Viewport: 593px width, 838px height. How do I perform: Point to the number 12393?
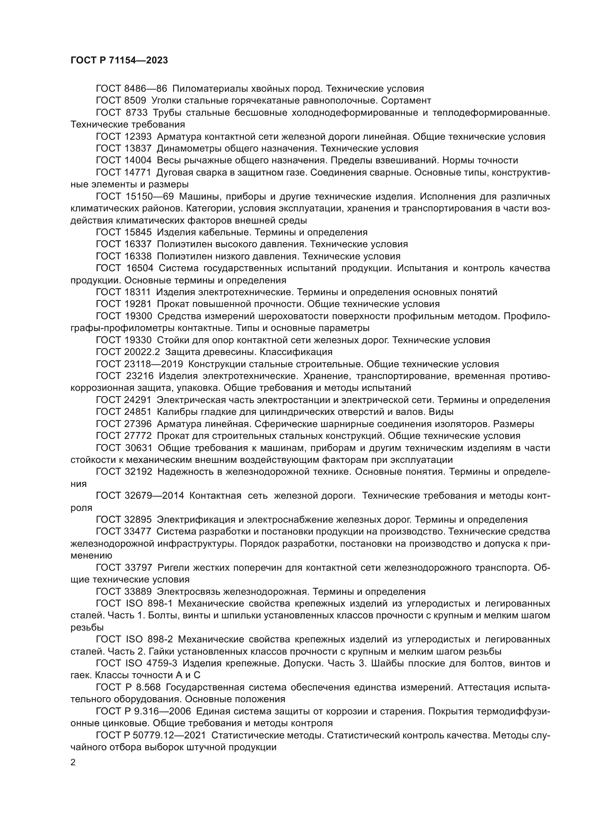click(x=136, y=137)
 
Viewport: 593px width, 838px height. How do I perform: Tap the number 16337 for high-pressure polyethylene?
click(x=136, y=244)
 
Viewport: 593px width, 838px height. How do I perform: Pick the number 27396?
click(x=136, y=424)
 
